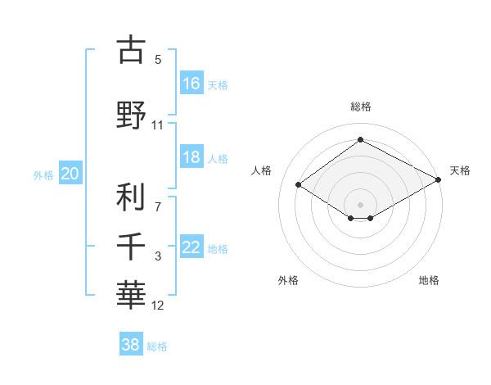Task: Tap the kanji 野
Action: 131,115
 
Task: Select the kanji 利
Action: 131,197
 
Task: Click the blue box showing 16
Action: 191,84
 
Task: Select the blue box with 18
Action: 191,158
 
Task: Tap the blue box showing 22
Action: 191,248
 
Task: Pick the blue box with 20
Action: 70,174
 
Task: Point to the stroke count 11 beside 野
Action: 158,125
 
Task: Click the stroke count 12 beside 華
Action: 158,306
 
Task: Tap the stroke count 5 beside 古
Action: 158,60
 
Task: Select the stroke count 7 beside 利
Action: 158,206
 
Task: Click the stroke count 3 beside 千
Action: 158,256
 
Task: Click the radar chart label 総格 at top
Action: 360,106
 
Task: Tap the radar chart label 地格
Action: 429,281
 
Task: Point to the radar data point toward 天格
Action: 439,180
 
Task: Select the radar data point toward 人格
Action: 299,185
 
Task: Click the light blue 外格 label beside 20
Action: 43,174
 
